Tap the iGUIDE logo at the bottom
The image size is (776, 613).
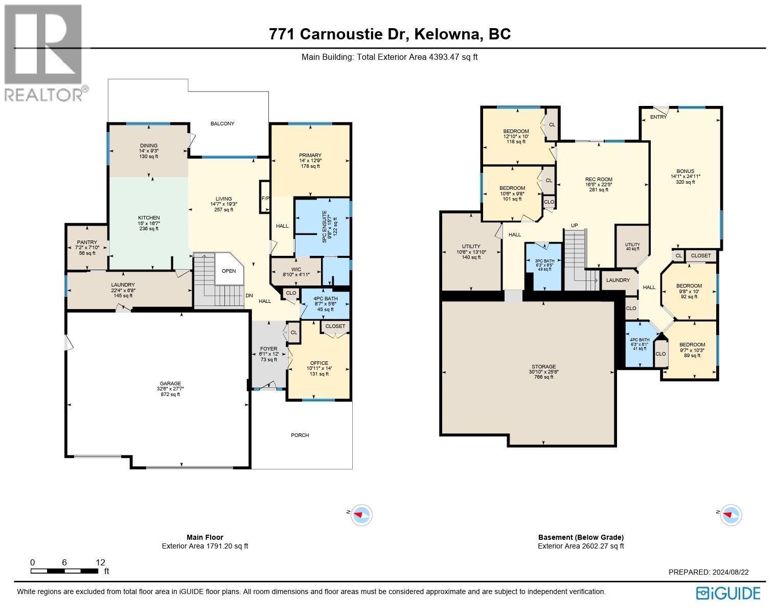(x=728, y=593)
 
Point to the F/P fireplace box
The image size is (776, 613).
(x=265, y=198)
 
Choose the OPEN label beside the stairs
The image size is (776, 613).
(x=229, y=271)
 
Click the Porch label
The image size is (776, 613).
(x=300, y=435)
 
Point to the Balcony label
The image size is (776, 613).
(x=222, y=123)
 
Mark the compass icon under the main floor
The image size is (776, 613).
(x=362, y=515)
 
